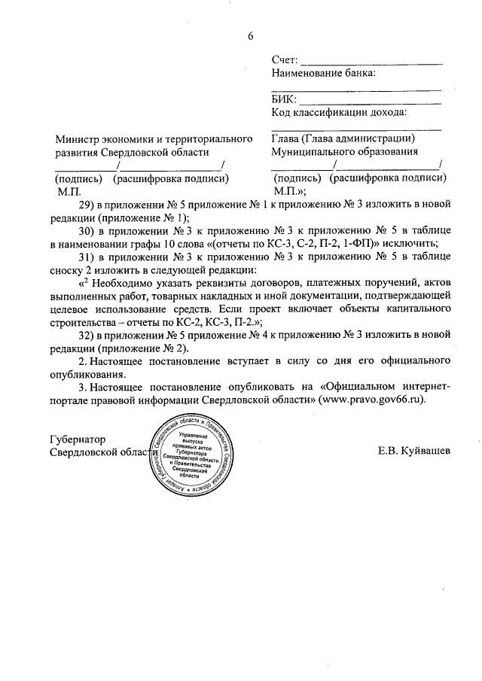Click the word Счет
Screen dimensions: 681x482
point(284,59)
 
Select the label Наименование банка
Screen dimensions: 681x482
point(322,73)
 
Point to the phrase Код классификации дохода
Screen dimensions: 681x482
point(339,113)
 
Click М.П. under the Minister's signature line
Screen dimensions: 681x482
point(68,192)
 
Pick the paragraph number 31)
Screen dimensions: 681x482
point(87,257)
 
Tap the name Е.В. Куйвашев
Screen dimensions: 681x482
point(415,451)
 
